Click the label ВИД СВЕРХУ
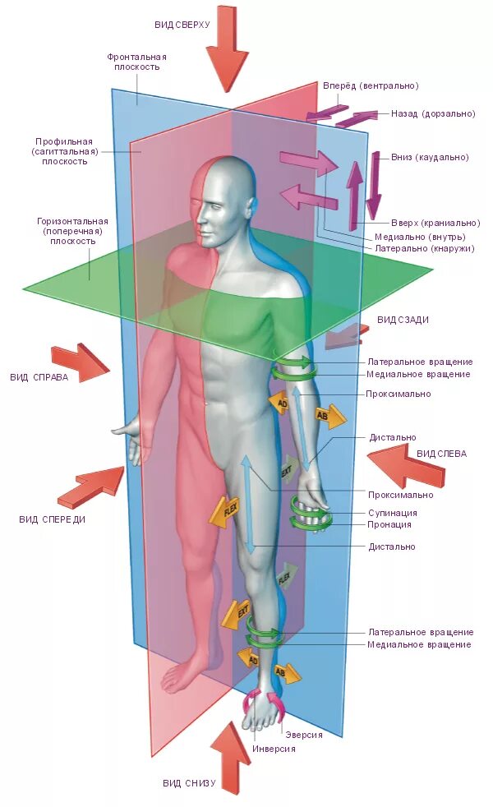click(182, 25)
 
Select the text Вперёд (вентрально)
click(381, 86)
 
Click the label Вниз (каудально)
click(431, 157)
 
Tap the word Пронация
click(390, 524)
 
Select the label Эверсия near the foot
click(303, 735)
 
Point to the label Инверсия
click(274, 749)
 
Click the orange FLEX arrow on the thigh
click(226, 510)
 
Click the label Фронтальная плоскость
click(137, 62)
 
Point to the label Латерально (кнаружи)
click(424, 247)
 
